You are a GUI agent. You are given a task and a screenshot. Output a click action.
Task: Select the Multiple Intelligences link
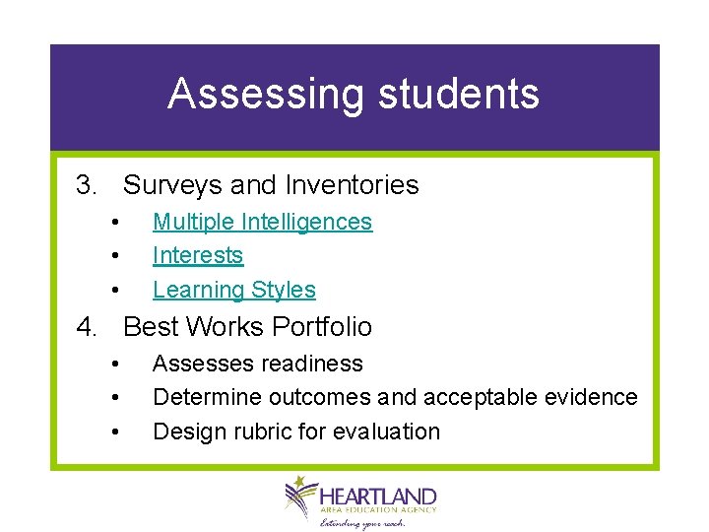click(262, 222)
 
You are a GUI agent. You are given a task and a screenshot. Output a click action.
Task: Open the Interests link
click(197, 255)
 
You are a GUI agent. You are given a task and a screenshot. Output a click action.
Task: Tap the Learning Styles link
click(233, 290)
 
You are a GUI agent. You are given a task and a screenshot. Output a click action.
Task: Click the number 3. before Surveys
click(87, 185)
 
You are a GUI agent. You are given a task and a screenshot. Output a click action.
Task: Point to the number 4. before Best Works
click(87, 327)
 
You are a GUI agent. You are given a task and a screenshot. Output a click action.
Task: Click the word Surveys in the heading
click(172, 185)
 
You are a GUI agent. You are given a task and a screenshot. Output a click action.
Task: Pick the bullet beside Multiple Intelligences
click(115, 223)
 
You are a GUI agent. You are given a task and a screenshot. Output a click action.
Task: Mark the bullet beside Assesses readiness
click(115, 365)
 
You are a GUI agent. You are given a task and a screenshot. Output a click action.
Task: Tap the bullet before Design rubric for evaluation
click(115, 432)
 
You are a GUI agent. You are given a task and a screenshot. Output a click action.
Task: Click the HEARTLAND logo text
click(378, 495)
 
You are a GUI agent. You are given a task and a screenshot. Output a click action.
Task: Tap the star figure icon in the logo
click(298, 495)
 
